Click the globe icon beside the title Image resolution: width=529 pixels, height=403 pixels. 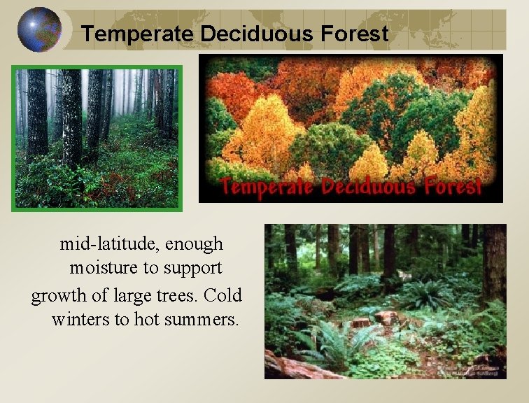pos(39,29)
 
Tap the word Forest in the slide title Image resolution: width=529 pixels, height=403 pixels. pos(355,34)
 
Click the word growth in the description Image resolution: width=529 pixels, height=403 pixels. pos(55,295)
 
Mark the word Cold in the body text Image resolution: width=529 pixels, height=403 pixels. pos(224,295)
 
